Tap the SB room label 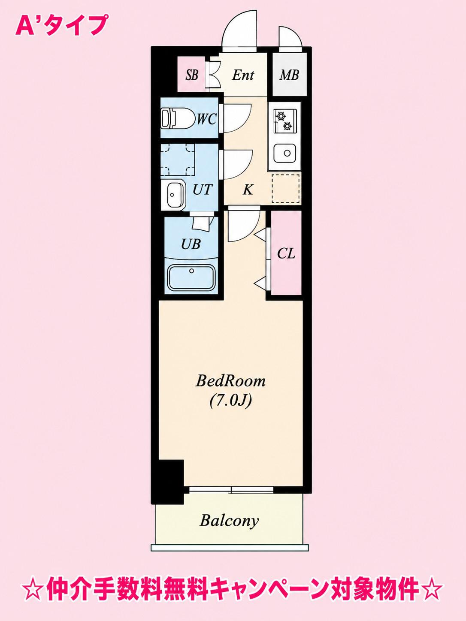(x=192, y=75)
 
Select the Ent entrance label (x=243, y=75)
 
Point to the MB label (x=289, y=75)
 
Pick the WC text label (x=207, y=119)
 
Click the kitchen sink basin (x=284, y=153)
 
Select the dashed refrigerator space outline (x=285, y=188)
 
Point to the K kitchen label (x=248, y=190)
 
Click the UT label (x=202, y=189)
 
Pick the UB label (x=191, y=244)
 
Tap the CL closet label (x=286, y=253)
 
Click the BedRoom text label (x=230, y=381)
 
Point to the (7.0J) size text (x=230, y=401)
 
